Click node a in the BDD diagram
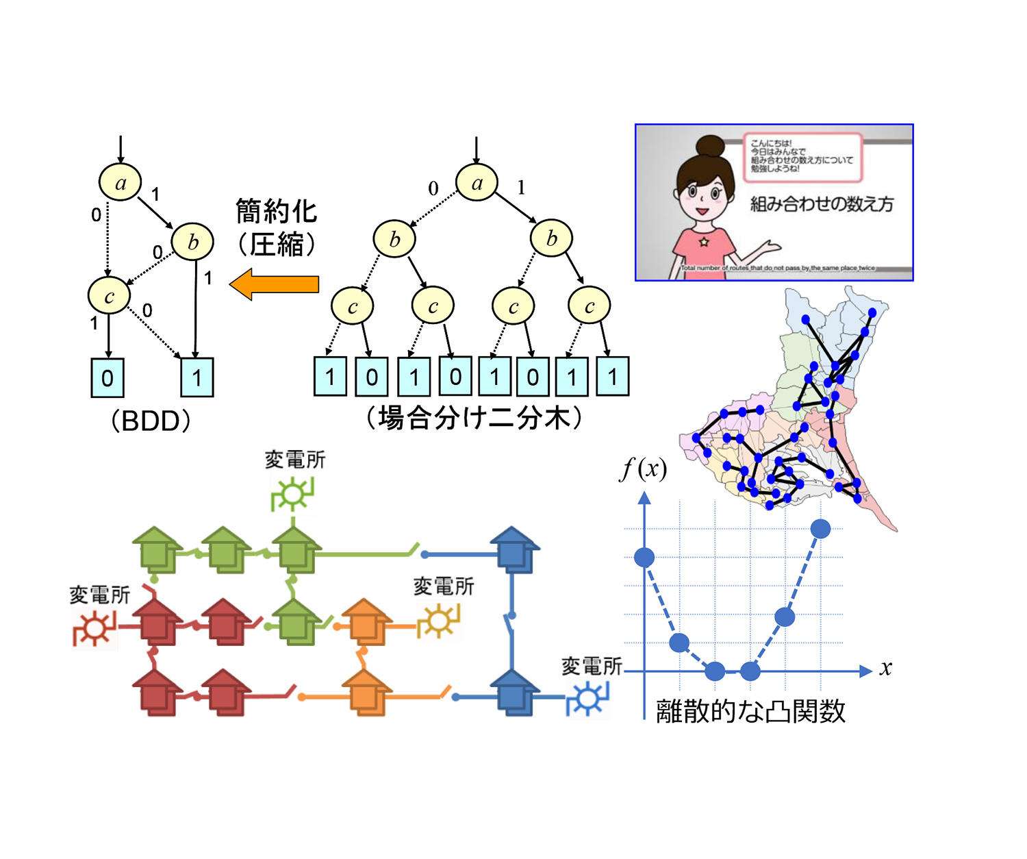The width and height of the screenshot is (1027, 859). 121,182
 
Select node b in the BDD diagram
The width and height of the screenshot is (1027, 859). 192,241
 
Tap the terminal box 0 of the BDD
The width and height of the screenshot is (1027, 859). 107,377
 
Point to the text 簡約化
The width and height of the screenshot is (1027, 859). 276,211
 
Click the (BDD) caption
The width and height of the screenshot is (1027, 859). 151,420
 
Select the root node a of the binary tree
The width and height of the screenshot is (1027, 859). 477,182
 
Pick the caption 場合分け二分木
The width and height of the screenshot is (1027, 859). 474,417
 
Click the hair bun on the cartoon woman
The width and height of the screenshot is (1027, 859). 711,145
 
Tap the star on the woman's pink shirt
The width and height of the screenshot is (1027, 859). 703,242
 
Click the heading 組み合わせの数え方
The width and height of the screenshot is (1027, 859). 822,203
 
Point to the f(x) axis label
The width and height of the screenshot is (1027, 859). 644,469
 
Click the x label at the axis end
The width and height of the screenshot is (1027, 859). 886,668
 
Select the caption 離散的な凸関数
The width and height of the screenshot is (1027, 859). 750,711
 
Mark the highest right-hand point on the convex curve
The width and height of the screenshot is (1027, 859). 820,528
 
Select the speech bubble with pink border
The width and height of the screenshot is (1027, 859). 802,156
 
